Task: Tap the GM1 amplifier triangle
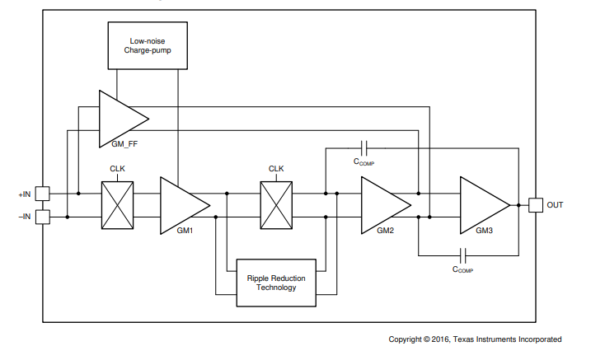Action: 181,204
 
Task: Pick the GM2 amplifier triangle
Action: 382,204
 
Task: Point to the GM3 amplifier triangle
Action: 481,204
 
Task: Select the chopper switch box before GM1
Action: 117,205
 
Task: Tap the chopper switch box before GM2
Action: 276,205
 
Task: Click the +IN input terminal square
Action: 43,194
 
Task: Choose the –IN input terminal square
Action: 43,217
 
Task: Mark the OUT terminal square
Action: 535,204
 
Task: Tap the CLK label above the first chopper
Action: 117,169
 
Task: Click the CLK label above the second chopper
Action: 276,169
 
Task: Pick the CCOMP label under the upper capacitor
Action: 363,161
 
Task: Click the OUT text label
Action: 556,205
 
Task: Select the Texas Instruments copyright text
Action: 476,339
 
